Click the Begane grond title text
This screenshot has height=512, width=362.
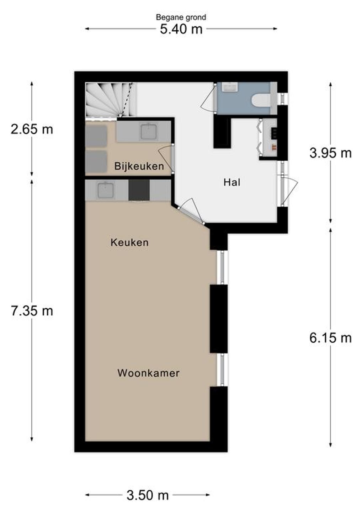pyautogui.click(x=181, y=17)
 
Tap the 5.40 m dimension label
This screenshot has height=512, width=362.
pyautogui.click(x=181, y=30)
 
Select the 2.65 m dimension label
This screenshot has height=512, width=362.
pyautogui.click(x=32, y=129)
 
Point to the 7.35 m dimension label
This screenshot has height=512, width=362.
pyautogui.click(x=32, y=311)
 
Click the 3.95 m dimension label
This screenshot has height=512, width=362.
pyautogui.click(x=330, y=153)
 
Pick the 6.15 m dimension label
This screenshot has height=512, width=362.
pyautogui.click(x=330, y=338)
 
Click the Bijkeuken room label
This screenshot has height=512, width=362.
pyautogui.click(x=139, y=166)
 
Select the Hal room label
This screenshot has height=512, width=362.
pyautogui.click(x=232, y=183)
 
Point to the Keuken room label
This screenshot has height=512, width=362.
pyautogui.click(x=129, y=242)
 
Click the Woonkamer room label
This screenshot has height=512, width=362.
pyautogui.click(x=149, y=373)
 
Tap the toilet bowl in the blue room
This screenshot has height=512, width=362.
pyautogui.click(x=261, y=101)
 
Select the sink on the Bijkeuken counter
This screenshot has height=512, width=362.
pyautogui.click(x=149, y=132)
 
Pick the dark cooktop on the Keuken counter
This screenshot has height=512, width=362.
pyautogui.click(x=139, y=190)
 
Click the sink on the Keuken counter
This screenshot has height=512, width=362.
pyautogui.click(x=106, y=190)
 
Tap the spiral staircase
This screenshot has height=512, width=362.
pyautogui.click(x=111, y=100)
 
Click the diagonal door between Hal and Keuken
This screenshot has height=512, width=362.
pyautogui.click(x=191, y=214)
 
